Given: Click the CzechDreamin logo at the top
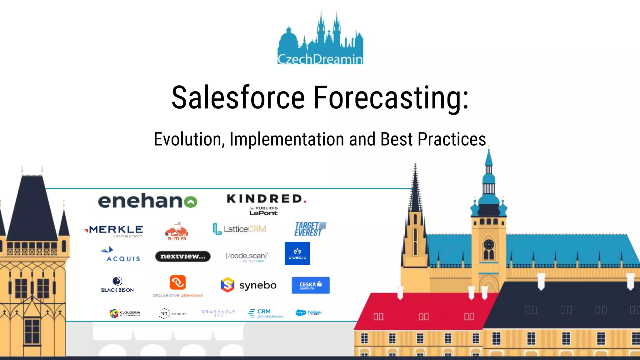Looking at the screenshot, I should [320, 39].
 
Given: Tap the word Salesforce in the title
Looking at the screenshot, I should [238, 97].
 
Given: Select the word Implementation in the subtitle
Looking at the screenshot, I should [287, 139].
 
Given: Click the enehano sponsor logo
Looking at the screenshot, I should [147, 201].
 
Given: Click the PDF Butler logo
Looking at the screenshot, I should [177, 232].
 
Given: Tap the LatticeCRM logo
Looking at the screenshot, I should [239, 229].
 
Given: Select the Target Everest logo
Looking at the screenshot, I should [310, 229].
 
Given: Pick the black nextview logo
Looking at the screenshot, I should [183, 256].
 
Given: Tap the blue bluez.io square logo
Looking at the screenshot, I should [297, 253].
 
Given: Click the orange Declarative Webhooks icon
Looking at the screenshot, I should [177, 282].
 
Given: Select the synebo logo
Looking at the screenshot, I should [249, 285].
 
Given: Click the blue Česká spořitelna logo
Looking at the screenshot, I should [310, 285].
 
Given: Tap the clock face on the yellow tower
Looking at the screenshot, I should [488, 244].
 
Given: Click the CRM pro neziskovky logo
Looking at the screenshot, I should [266, 313].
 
